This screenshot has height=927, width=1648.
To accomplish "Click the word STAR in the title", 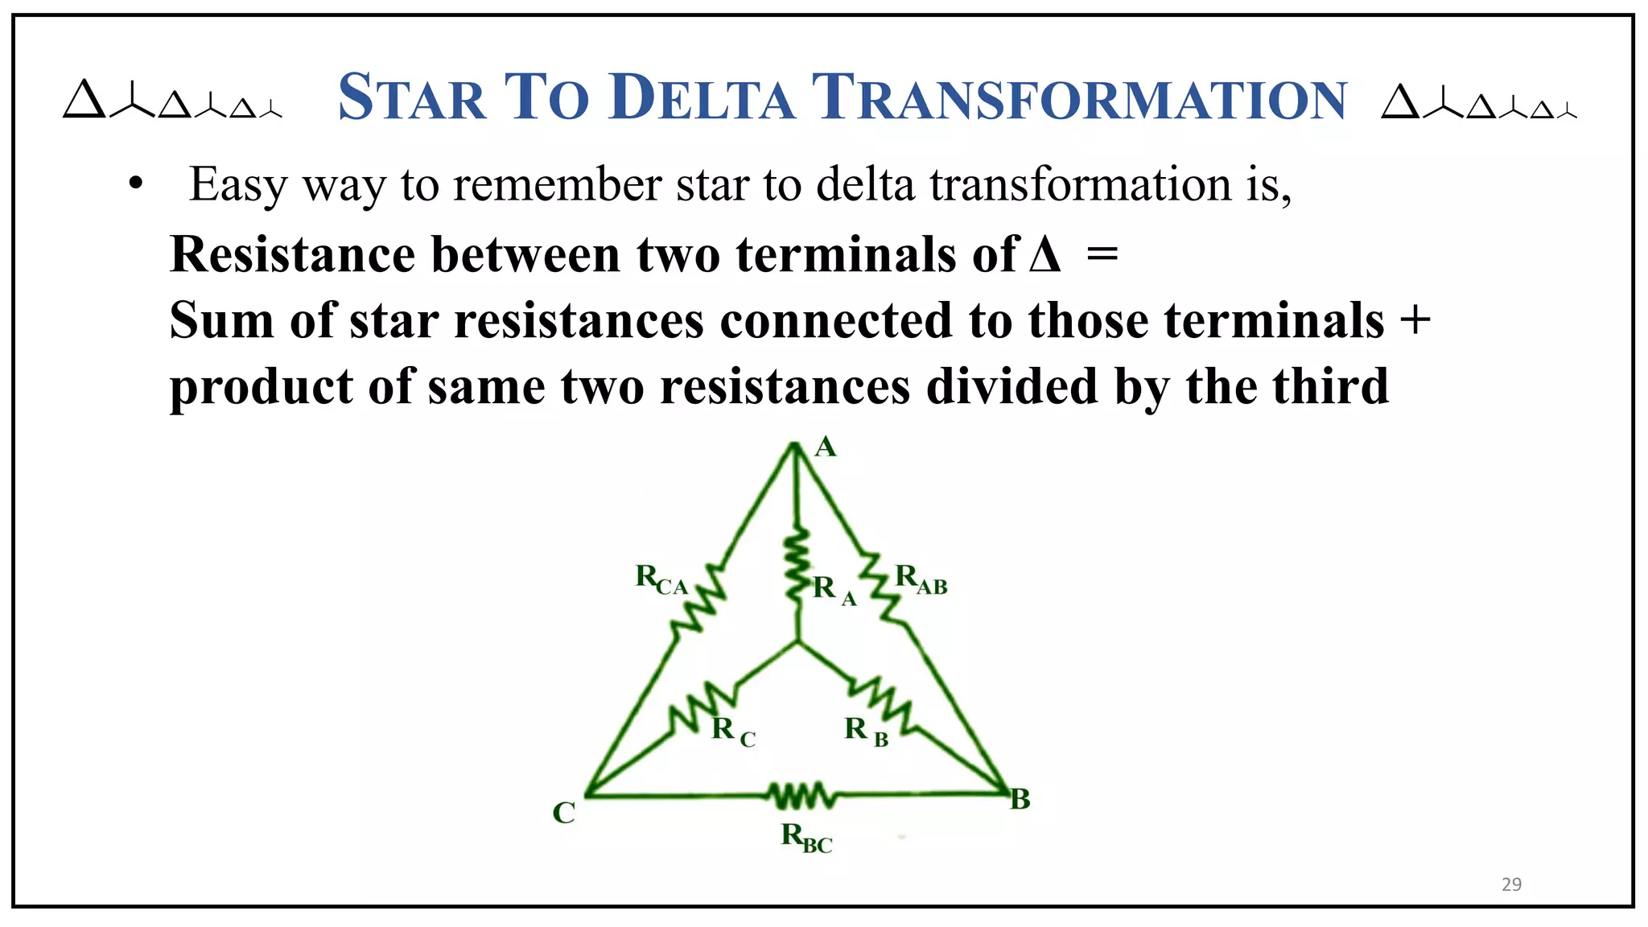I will [x=412, y=97].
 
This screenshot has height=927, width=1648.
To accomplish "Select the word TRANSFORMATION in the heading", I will [x=1078, y=97].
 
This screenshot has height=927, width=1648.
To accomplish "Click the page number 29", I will [x=1511, y=884].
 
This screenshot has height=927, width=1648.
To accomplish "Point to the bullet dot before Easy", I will [x=135, y=184].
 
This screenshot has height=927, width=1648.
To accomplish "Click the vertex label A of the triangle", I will [x=826, y=447].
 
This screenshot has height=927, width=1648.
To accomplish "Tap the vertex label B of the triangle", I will [x=1020, y=799].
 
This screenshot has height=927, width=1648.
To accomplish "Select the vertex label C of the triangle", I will [x=563, y=813].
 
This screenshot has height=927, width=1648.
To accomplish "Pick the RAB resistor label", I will [x=921, y=579].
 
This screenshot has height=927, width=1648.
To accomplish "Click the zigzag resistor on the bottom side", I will [x=801, y=796].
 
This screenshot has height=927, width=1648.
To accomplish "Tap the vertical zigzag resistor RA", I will [x=797, y=560].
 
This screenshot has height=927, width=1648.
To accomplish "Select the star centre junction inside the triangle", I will [x=797, y=641].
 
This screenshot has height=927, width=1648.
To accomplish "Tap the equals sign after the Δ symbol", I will [x=1102, y=255].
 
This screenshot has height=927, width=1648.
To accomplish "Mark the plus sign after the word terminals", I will [x=1415, y=320].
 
